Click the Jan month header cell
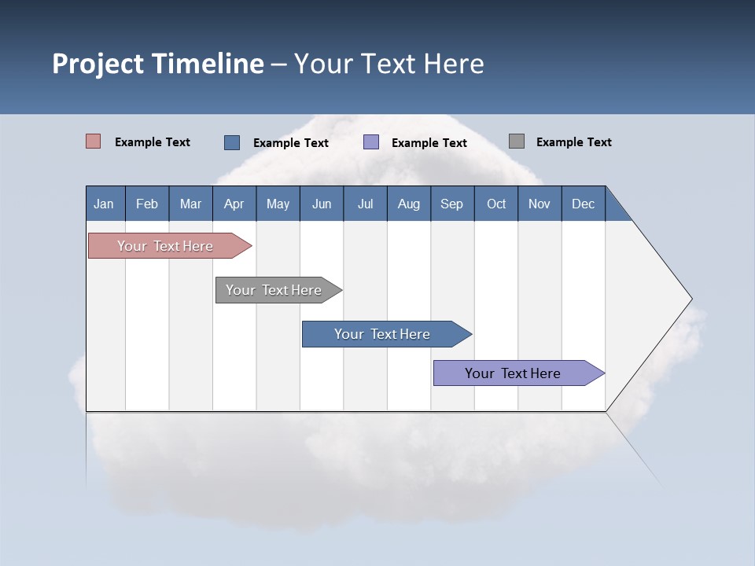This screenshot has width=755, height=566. pos(105,204)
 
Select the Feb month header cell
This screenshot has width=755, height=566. pos(147,204)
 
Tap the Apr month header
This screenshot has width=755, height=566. pos(234,204)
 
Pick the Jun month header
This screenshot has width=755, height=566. pos(322,204)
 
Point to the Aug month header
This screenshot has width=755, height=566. pos(409,204)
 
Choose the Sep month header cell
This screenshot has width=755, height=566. pos(452,204)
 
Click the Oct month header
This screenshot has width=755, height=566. pos(496,204)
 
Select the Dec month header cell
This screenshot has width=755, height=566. pos(584,204)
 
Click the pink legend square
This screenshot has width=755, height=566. pos(94,141)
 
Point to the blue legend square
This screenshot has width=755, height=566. pos(232,142)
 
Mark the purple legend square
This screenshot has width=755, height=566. pos(371,141)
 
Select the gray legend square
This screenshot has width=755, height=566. pos(517,141)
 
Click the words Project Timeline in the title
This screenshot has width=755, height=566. pos(158,64)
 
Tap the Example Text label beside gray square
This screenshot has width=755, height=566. pos(573,142)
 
